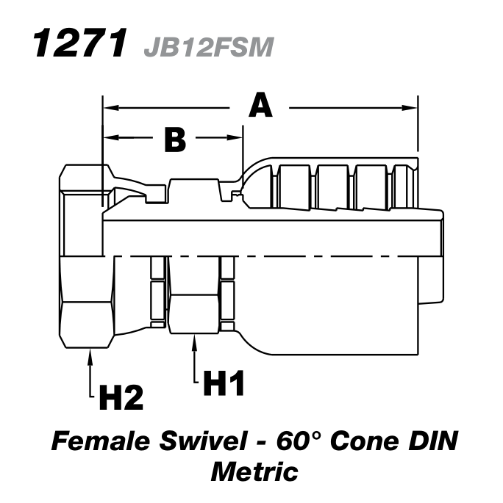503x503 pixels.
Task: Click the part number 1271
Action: pos(76,46)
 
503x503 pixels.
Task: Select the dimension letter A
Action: pos(260,107)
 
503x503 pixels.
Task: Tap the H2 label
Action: pos(121,397)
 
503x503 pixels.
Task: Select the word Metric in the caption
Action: pos(254,470)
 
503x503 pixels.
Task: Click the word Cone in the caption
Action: pos(367,442)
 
